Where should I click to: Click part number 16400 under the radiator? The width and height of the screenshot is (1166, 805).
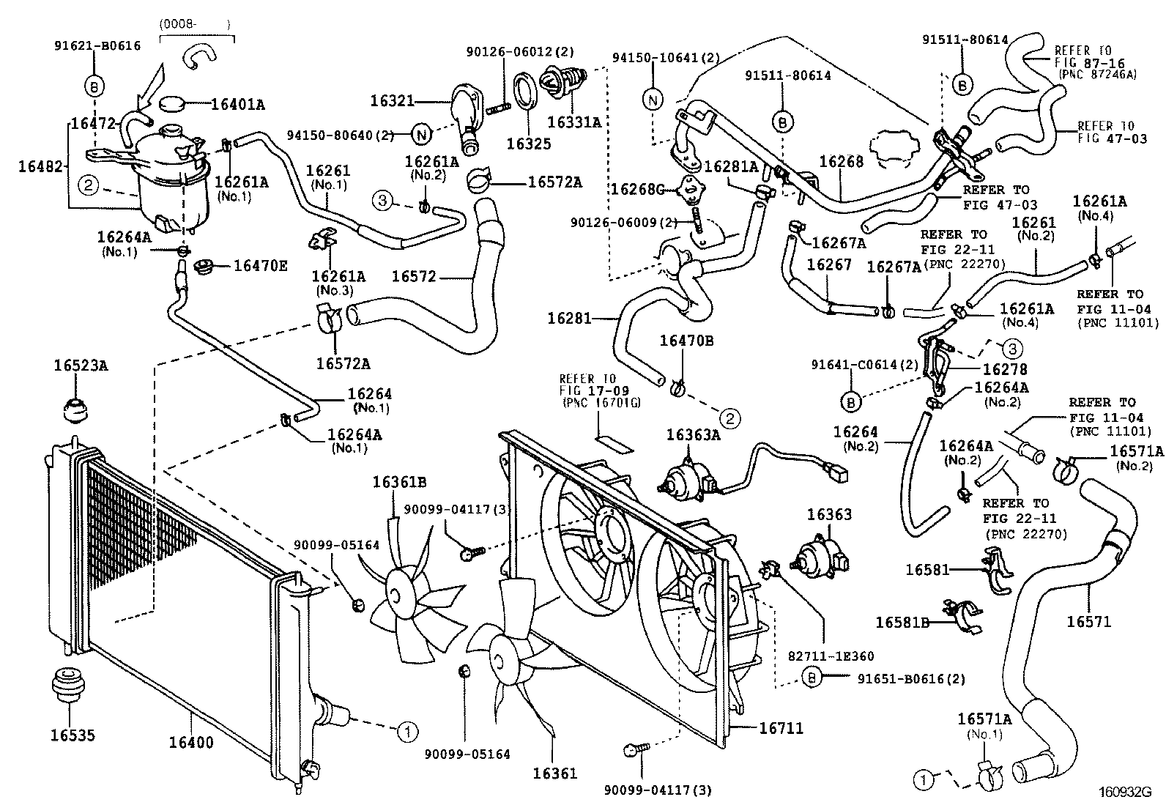(191, 742)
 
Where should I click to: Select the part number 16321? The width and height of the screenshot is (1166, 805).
(393, 100)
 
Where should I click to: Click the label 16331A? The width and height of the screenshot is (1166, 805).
(574, 122)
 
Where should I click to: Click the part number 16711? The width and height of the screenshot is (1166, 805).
(781, 728)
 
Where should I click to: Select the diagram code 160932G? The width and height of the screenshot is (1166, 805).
(1125, 792)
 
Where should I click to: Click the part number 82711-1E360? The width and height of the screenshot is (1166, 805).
(831, 656)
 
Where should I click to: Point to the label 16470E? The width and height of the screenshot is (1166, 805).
(260, 266)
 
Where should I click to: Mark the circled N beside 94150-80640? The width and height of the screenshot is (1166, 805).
(421, 136)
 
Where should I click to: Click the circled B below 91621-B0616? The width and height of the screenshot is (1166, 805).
(94, 86)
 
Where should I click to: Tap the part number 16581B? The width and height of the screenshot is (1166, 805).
(902, 622)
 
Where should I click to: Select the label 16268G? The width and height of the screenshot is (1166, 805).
(638, 188)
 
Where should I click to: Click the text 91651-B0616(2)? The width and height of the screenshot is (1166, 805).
(911, 679)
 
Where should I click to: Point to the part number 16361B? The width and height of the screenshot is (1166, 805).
(399, 483)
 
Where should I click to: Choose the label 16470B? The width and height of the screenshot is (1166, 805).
(686, 341)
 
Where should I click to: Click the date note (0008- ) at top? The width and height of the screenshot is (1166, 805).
(195, 24)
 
